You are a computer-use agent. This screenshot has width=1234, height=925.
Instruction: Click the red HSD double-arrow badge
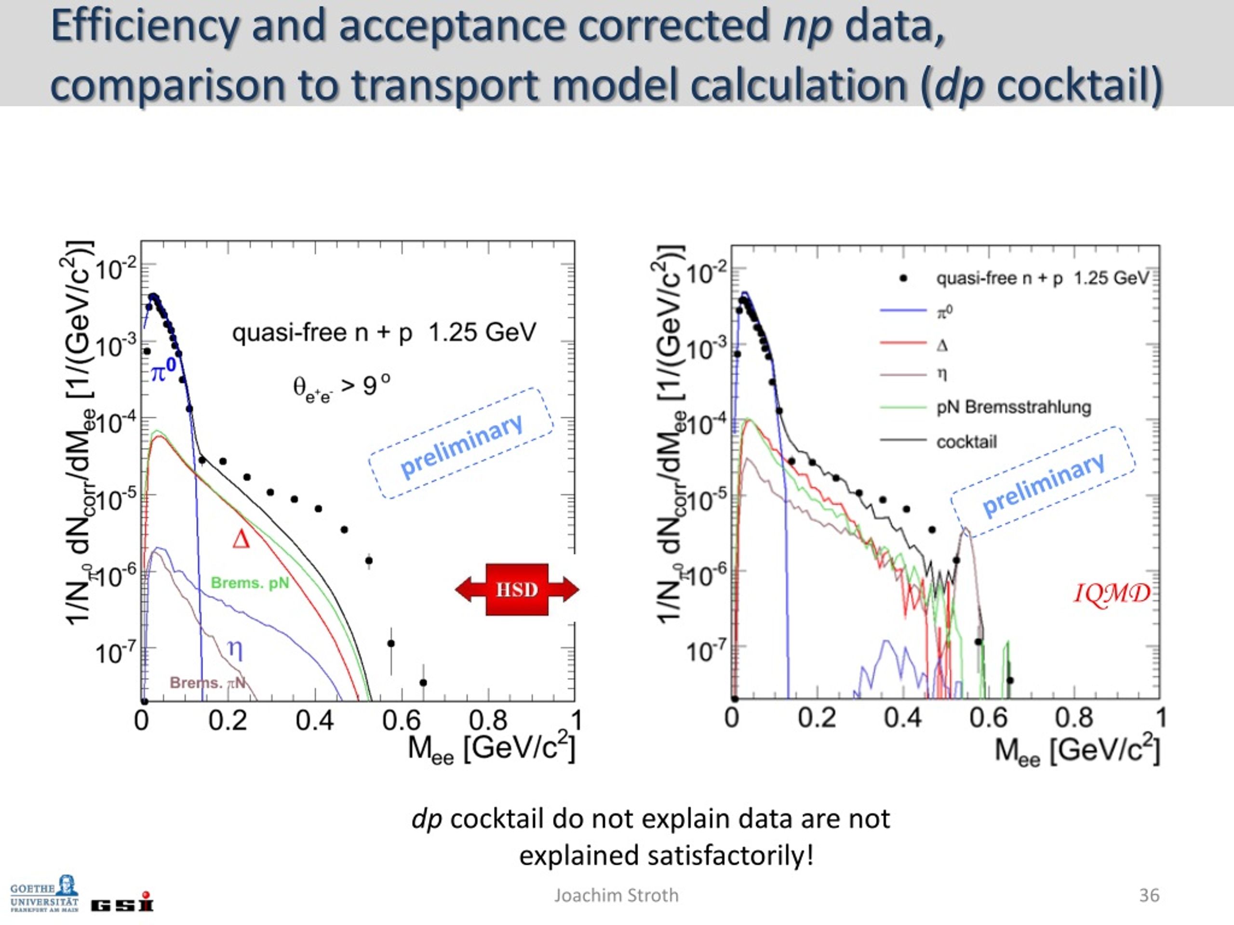517,589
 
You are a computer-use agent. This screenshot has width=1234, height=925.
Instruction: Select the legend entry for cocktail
966,442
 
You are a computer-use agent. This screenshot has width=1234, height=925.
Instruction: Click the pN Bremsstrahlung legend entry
1013,407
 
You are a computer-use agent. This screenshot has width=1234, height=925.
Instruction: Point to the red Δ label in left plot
241,540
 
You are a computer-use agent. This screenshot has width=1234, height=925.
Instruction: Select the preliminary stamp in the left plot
461,443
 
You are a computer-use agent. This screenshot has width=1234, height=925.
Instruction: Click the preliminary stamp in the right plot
1043,483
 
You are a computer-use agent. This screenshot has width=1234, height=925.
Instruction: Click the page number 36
1149,896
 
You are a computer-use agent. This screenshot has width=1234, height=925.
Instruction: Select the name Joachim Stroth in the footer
616,896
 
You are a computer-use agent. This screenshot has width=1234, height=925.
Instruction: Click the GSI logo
121,903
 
